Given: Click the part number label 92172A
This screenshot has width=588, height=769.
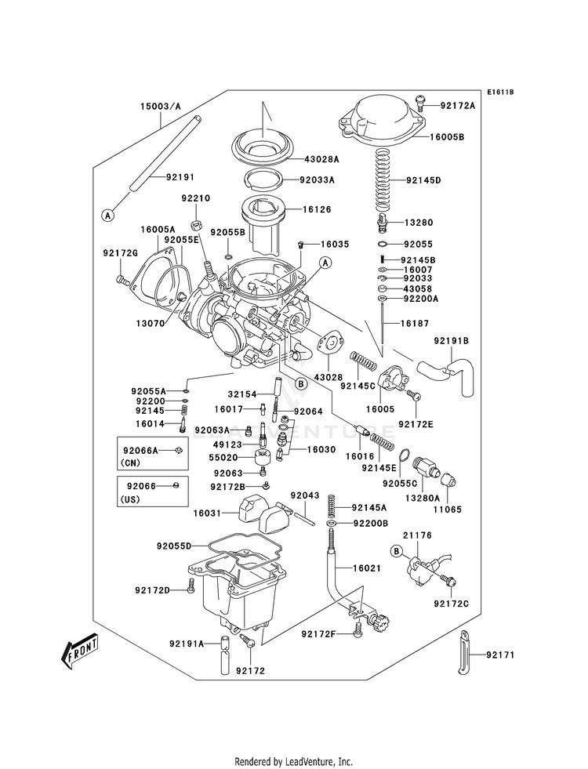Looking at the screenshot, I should point(457,105).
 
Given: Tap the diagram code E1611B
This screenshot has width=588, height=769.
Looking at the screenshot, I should point(499,92).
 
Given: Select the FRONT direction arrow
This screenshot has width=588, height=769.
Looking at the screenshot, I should point(81,648).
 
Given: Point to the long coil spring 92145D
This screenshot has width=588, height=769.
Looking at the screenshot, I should point(383,180).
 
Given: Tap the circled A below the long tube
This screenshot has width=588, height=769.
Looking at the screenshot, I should point(108,214).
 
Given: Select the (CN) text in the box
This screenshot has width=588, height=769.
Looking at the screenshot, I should point(130,462).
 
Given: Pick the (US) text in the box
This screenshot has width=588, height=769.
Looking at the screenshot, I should point(130,499).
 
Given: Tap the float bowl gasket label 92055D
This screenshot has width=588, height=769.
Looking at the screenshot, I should point(173,545).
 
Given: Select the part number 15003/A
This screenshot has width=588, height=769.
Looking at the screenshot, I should point(160,106).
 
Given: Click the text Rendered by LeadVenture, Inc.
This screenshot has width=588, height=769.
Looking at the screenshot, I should point(293,761).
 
